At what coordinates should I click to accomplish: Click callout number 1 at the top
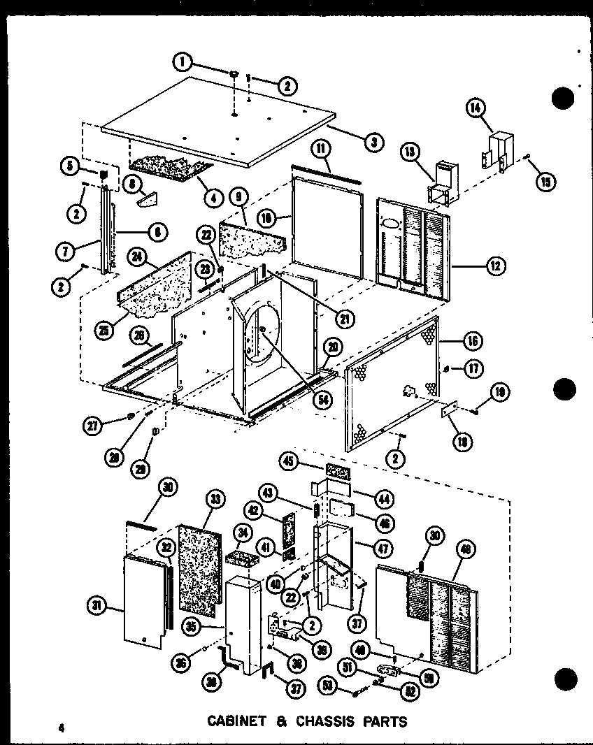point(184,62)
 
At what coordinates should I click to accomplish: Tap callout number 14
point(476,108)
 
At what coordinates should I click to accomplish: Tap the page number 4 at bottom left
point(62,727)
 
